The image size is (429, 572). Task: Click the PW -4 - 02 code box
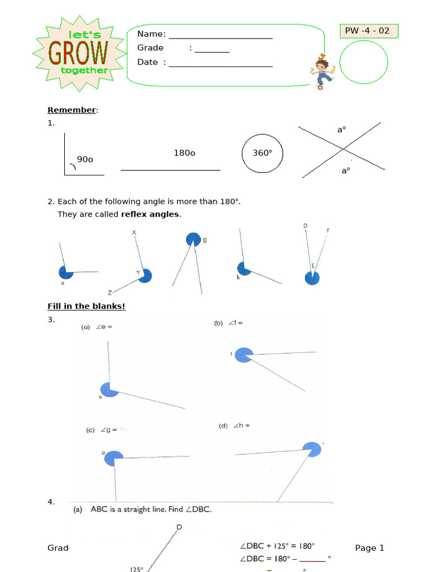(369, 31)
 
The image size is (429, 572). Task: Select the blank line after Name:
(221, 37)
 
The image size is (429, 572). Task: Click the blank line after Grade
(212, 51)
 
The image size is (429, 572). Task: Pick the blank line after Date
(221, 66)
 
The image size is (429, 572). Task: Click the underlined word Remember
(71, 110)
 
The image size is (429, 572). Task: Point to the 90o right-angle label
(85, 160)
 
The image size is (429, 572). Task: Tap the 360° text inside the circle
(263, 152)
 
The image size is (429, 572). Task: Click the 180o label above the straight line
(184, 152)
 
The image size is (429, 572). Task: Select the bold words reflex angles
(150, 214)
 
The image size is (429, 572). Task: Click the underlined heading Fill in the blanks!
(87, 306)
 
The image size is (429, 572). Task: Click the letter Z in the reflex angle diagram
(111, 292)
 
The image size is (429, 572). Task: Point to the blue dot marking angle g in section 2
(193, 240)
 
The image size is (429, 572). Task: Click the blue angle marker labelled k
(244, 269)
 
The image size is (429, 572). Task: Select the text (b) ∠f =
(228, 323)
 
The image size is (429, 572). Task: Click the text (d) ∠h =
(233, 426)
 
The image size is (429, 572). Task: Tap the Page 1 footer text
(369, 548)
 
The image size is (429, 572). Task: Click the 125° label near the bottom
(137, 569)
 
